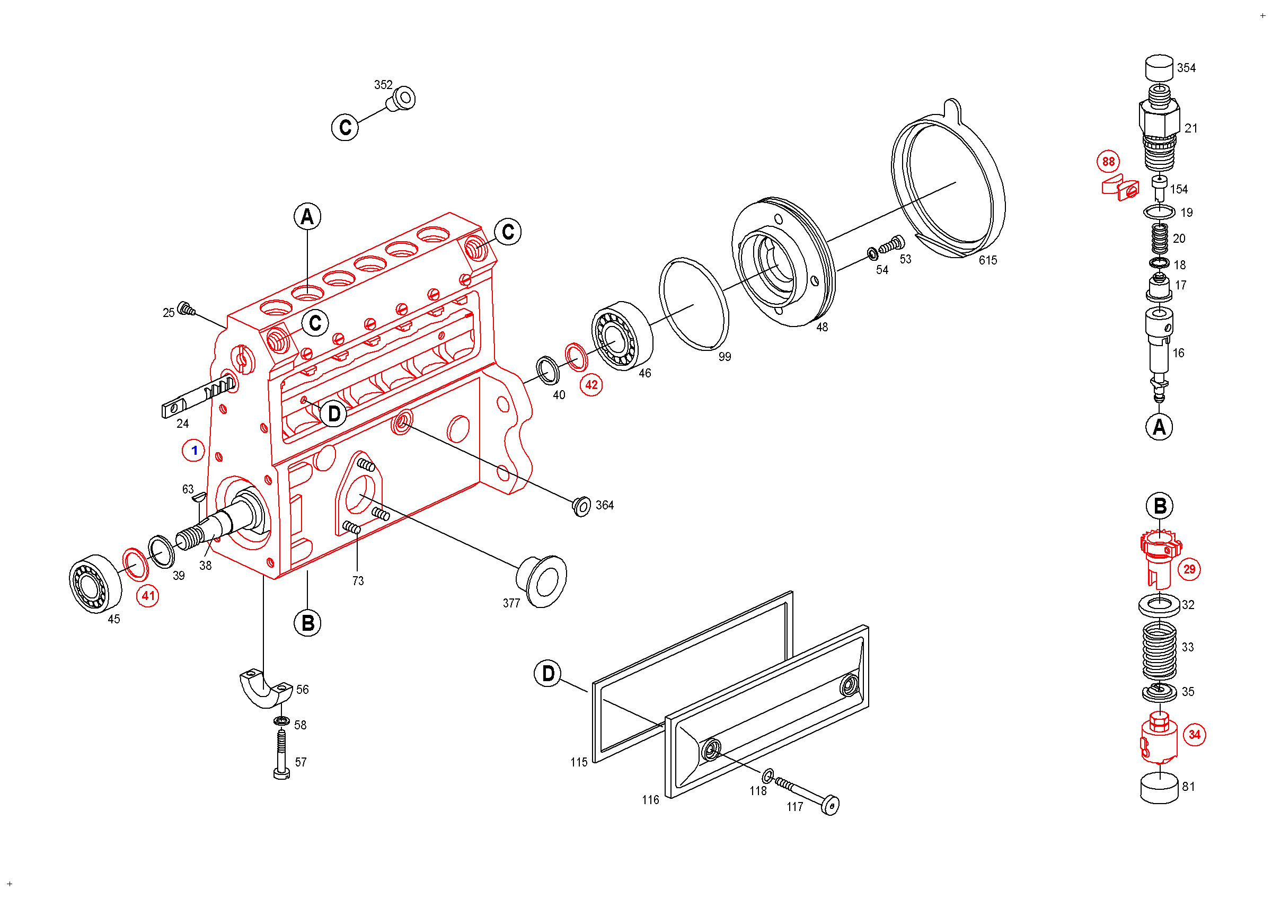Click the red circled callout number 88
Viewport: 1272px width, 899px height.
tap(1108, 161)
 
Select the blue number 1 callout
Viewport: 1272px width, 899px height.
tap(193, 451)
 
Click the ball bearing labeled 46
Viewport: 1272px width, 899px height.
tap(622, 336)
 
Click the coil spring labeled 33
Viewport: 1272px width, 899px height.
tap(1159, 651)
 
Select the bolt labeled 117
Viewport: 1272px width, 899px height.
tap(809, 795)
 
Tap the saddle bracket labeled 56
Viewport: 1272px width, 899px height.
tap(266, 690)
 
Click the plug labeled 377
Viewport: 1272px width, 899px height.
tap(541, 580)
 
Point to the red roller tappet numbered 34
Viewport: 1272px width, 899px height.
tap(1159, 738)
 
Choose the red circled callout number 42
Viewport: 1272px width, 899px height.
tap(591, 384)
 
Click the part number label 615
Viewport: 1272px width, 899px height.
tap(988, 260)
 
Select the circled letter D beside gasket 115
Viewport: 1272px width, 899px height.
tap(548, 674)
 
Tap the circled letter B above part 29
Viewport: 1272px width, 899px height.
tap(1160, 506)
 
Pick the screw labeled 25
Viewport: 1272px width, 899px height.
tap(186, 308)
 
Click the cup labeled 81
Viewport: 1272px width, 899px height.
tap(1159, 787)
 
